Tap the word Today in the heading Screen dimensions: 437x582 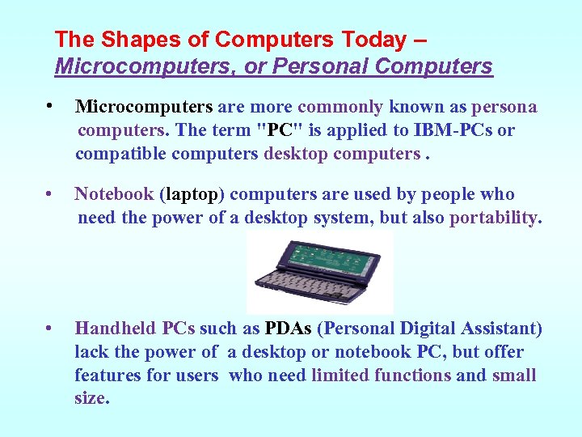point(375,40)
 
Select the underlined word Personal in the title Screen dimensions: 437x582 point(323,66)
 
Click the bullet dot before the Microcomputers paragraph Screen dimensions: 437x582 point(50,107)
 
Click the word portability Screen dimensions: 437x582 point(496,218)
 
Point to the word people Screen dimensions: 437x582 point(453,195)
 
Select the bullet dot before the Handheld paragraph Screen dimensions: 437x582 point(50,329)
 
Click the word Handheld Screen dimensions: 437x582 point(116,329)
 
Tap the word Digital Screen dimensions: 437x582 point(423,329)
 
